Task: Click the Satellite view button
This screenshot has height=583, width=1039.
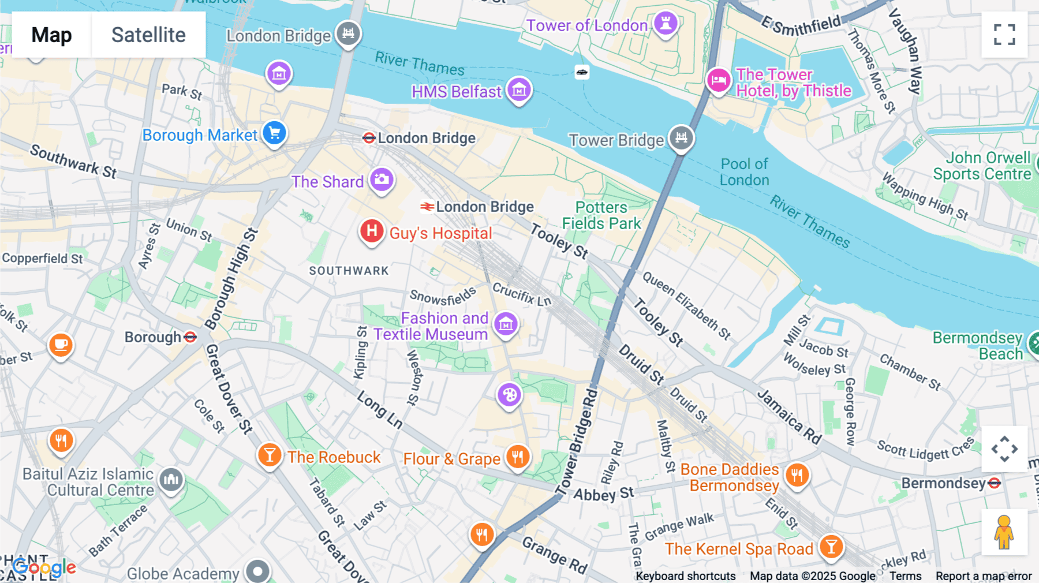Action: pos(148,35)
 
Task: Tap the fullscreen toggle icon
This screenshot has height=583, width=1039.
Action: pos(1004,35)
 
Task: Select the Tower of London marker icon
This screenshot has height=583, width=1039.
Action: pos(666,24)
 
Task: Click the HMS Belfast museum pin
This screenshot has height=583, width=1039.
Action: pos(519,90)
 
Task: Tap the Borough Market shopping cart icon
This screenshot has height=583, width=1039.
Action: pos(275,133)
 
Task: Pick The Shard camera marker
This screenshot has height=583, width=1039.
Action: pos(382,180)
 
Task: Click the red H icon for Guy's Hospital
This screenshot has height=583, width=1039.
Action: pos(372,231)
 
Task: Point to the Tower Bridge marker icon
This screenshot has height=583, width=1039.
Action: pos(681,138)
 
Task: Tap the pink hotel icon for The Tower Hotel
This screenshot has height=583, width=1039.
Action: pos(719,80)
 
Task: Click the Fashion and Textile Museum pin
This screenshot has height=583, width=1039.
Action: pos(506,324)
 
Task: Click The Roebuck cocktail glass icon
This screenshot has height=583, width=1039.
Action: pos(270,455)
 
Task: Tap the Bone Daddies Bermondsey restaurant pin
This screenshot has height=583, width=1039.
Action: pos(797,476)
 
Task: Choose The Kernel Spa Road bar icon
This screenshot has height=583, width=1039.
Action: pos(831,546)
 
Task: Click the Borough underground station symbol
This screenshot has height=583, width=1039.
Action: pos(190,337)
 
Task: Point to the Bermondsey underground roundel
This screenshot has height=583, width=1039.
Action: pos(994,483)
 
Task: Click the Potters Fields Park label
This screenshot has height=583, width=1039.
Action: pos(601,215)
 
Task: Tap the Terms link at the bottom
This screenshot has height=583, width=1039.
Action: pos(905,575)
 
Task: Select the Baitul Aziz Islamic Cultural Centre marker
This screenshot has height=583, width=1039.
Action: pos(171,479)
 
